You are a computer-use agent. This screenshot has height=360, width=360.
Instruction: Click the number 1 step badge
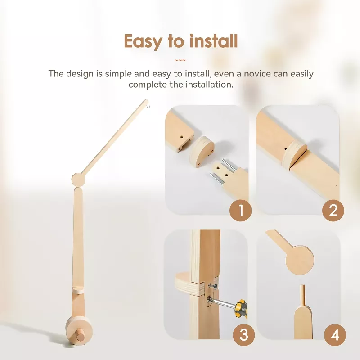click(x=241, y=210)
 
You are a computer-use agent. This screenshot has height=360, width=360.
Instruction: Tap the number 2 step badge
click(x=333, y=210)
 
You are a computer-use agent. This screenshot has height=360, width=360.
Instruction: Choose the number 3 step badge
click(x=244, y=335)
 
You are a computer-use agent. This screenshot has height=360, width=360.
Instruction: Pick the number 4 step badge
click(x=335, y=335)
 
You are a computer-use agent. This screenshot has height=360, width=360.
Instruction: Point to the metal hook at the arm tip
click(x=148, y=106)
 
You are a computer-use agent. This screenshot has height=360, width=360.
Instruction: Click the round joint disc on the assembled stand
click(x=78, y=180)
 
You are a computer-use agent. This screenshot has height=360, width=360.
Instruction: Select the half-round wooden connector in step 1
click(x=202, y=152)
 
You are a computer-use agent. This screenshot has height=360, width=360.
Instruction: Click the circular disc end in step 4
click(x=300, y=260)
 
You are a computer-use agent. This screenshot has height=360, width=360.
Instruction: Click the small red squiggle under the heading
click(x=180, y=61)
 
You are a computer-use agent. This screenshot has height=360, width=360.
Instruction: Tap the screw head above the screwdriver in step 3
click(x=213, y=286)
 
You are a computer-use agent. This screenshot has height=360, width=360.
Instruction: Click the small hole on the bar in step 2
click(x=285, y=149)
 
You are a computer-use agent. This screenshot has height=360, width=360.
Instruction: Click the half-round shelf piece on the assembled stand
click(x=78, y=290)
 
